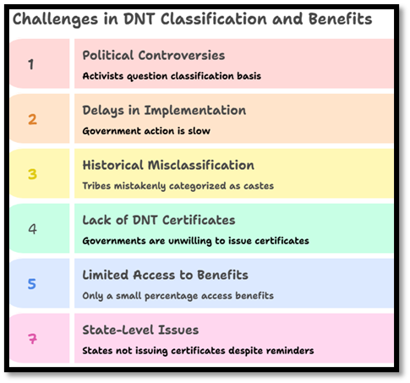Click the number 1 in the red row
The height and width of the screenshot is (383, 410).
31,63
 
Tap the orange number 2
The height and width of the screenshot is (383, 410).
32,119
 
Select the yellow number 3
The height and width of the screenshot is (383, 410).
32,174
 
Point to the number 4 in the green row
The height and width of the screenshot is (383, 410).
32,228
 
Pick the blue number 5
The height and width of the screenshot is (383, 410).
32,284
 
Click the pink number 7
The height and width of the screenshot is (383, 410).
32,338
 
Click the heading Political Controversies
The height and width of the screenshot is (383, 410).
153,56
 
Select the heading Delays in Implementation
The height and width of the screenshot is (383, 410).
164,111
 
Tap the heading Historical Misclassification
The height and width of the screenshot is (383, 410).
167,166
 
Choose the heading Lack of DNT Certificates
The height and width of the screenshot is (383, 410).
159,220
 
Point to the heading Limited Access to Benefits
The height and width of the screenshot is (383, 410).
165,275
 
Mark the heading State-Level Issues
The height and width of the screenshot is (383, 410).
140,330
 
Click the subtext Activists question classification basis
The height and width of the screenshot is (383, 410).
172,76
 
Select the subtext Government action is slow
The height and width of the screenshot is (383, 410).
145,131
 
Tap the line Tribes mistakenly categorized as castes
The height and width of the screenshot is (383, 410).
178,186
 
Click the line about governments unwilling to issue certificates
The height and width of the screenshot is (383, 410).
195,241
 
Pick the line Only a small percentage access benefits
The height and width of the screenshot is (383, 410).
178,296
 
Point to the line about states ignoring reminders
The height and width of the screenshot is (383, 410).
198,350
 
